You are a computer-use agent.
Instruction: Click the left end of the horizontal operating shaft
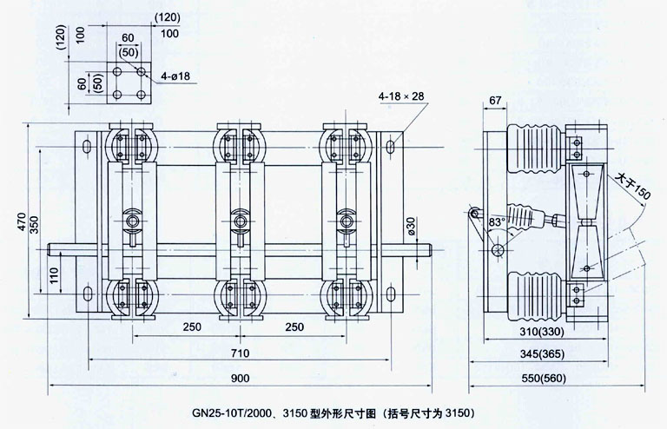(54, 253)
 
